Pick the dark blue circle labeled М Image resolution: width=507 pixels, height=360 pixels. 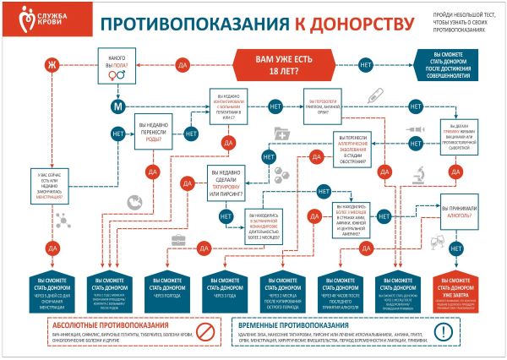point(118,106)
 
